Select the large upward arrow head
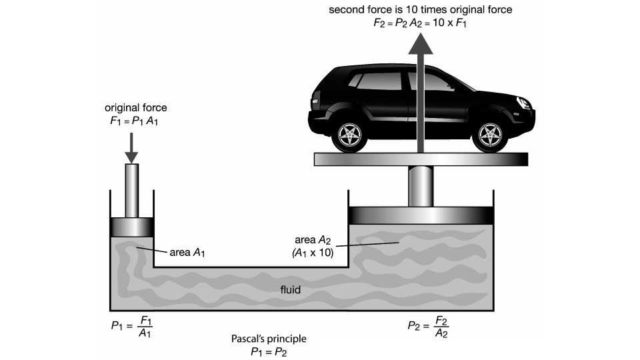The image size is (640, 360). [421, 45]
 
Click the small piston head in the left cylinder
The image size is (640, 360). [131, 227]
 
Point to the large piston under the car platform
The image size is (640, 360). [421, 216]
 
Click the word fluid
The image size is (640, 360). [290, 289]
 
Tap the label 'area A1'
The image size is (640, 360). [187, 252]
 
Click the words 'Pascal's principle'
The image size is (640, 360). [269, 339]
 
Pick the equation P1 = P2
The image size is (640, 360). [269, 351]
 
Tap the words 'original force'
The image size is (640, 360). [135, 107]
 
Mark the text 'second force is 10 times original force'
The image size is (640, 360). [421, 10]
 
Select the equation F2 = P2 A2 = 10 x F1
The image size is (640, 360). [421, 23]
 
